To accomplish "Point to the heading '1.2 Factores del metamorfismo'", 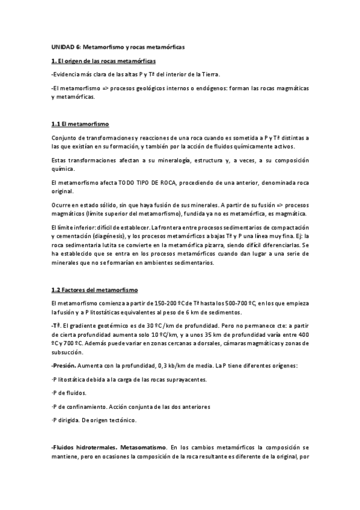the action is [95, 289].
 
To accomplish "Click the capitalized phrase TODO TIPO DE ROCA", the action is [147, 182].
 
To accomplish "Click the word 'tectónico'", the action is [118, 420].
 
